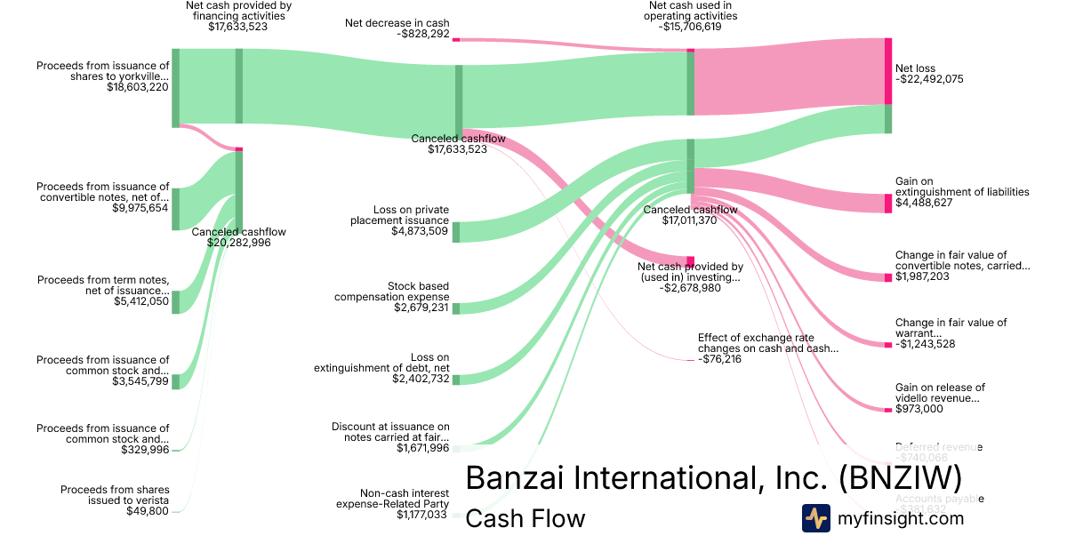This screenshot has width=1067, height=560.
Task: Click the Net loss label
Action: pyautogui.click(x=915, y=68)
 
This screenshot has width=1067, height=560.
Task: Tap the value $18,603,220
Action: pyautogui.click(x=138, y=87)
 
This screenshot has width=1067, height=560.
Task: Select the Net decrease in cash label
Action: pyautogui.click(x=397, y=23)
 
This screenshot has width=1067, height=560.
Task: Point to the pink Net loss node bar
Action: pyautogui.click(x=887, y=71)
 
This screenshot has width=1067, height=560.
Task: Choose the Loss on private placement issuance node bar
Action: pyautogui.click(x=456, y=232)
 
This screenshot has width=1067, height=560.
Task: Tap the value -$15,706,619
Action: pyautogui.click(x=692, y=27)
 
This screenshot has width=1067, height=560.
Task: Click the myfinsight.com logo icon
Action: pyautogui.click(x=815, y=518)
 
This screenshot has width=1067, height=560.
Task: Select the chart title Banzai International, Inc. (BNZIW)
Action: pyautogui.click(x=713, y=477)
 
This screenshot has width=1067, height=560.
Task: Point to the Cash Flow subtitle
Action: pyautogui.click(x=525, y=518)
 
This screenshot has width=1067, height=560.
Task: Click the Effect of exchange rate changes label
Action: pyautogui.click(x=767, y=343)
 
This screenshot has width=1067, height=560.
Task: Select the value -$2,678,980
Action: pyautogui.click(x=690, y=288)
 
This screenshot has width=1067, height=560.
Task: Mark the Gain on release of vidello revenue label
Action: pyautogui.click(x=940, y=393)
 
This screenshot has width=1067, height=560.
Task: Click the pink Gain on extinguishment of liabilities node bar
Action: pyautogui.click(x=887, y=203)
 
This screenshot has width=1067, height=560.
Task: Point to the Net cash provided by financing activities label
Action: pyautogui.click(x=237, y=10)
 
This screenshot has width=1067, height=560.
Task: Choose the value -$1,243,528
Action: pyautogui.click(x=925, y=344)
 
